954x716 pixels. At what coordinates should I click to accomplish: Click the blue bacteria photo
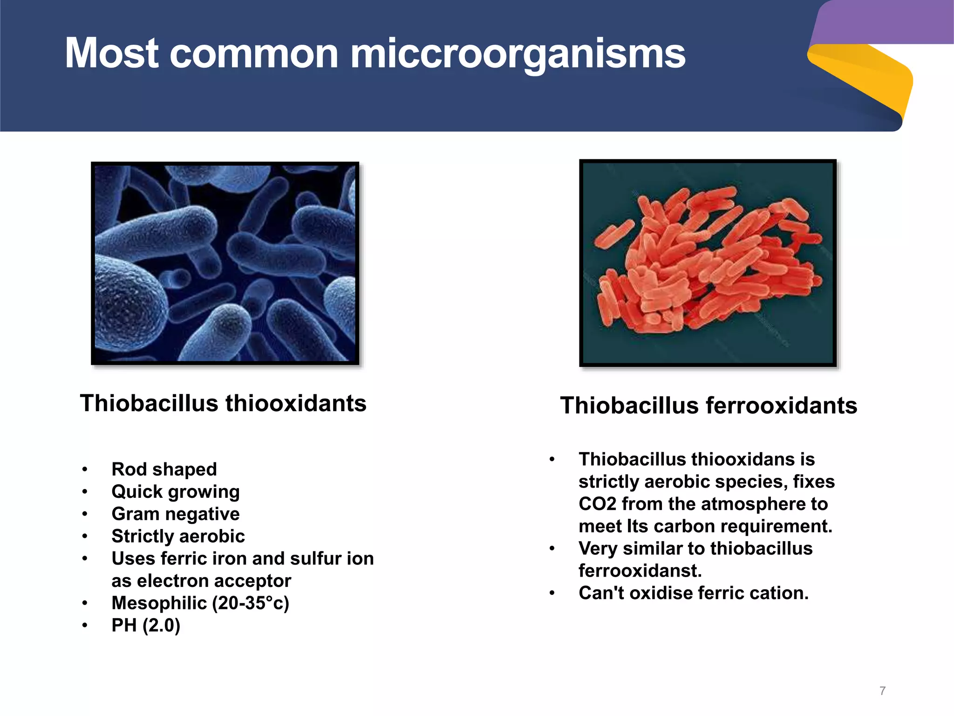click(225, 263)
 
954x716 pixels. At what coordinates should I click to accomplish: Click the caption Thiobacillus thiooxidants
click(223, 403)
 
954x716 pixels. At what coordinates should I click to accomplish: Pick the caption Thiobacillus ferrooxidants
click(708, 406)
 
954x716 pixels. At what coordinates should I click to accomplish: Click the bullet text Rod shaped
click(164, 469)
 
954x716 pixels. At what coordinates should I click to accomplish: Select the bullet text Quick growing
click(176, 492)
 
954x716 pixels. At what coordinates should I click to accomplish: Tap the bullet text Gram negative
click(176, 514)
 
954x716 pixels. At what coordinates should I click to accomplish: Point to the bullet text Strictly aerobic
click(178, 537)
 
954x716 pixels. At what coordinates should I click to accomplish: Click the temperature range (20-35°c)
click(251, 603)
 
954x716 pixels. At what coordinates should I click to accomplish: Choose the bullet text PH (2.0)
click(146, 626)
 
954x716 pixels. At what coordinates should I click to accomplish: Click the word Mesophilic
click(159, 603)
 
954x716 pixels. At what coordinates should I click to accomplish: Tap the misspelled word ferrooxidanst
click(640, 571)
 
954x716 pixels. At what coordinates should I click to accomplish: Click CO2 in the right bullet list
click(597, 504)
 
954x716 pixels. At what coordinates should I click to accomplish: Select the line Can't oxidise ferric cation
click(694, 593)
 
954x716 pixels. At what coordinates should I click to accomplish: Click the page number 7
click(882, 691)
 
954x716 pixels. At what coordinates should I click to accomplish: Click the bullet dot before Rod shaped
click(85, 469)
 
